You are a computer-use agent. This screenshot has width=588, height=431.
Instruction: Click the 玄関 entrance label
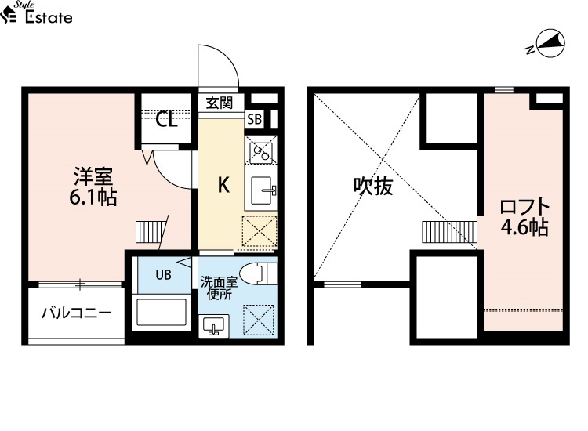coord(220,103)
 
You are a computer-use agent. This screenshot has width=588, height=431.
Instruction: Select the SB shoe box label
coord(254,119)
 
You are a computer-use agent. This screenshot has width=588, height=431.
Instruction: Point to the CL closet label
coord(166,120)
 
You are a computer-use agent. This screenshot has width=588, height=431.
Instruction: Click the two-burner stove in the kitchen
coord(260,150)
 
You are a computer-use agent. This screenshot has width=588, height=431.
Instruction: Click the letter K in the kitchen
coord(224,185)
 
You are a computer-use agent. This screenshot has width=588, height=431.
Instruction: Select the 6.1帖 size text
coord(93,197)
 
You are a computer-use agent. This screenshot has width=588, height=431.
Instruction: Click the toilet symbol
coord(258,273)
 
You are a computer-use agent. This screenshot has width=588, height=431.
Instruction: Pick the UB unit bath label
coord(163,275)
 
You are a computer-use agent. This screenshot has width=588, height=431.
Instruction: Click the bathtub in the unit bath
coord(162,312)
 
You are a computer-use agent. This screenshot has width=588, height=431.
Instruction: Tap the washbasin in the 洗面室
coord(213,325)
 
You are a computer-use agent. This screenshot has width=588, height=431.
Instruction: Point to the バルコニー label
coord(77,312)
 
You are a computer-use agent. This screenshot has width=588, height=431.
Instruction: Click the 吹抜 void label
coord(373,186)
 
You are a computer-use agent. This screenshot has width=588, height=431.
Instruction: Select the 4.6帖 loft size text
coord(524,227)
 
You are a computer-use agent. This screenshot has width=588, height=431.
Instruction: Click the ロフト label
coord(524,207)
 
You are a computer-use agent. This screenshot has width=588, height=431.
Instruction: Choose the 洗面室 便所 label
coord(219,288)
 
